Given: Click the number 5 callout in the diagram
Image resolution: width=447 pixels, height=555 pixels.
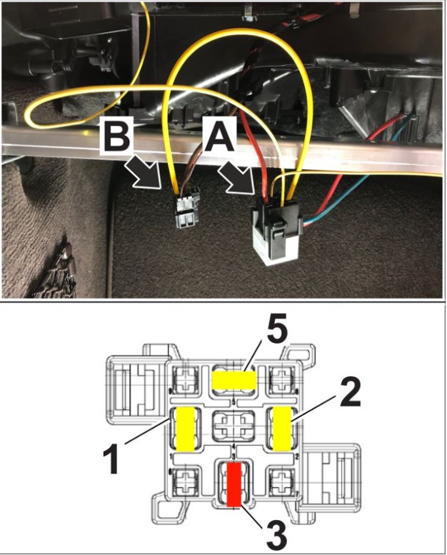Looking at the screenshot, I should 258,333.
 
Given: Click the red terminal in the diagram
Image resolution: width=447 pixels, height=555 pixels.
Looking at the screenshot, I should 232,484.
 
